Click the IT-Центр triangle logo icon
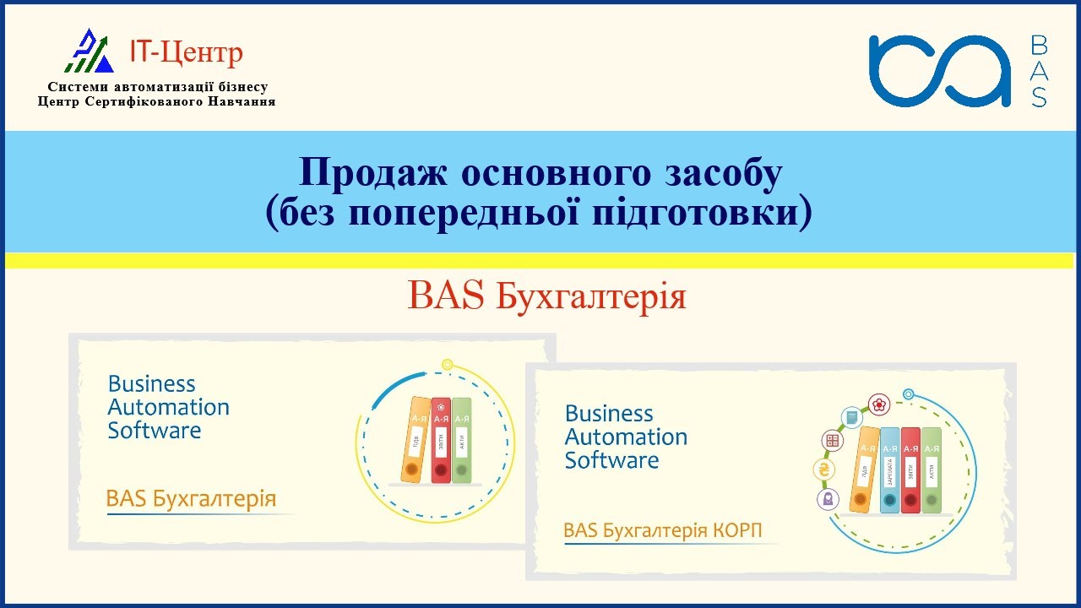tap(90, 52)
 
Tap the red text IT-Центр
tap(186, 52)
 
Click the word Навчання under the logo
tap(241, 101)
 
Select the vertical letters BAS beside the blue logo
tap(1040, 71)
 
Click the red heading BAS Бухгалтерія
tap(546, 296)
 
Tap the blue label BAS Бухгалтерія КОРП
tap(662, 530)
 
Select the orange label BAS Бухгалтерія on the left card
tap(191, 499)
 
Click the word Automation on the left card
tap(169, 407)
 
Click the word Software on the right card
tap(611, 460)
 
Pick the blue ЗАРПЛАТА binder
tap(890, 470)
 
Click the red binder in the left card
tap(441, 440)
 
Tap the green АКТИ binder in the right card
tap(931, 470)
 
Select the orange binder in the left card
tap(415, 440)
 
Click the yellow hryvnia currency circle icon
tap(823, 470)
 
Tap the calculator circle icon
tap(833, 440)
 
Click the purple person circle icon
tap(828, 498)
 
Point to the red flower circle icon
tap(880, 404)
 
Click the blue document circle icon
tap(851, 416)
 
